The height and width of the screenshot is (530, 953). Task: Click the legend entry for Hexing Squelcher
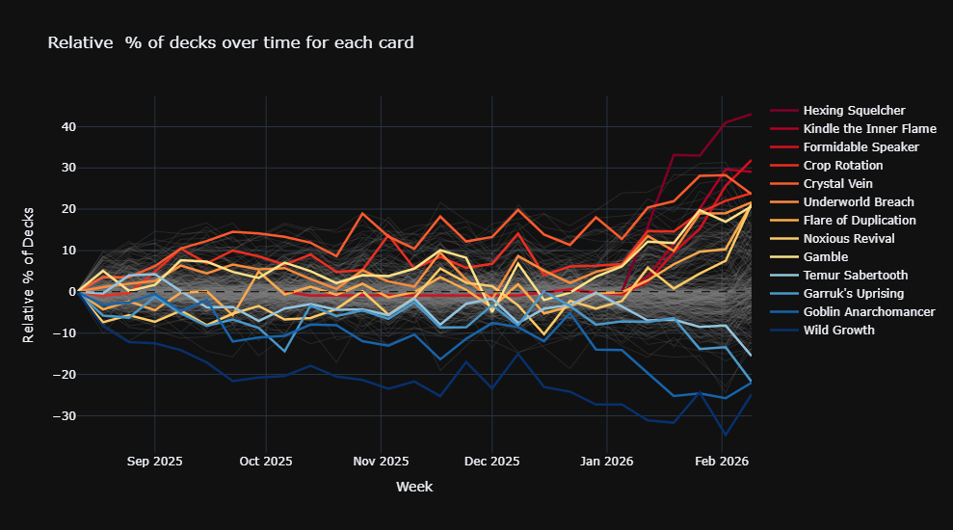pos(854,110)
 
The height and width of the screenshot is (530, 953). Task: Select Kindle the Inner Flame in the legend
pos(869,128)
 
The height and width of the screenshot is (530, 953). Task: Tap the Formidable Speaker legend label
pos(860,146)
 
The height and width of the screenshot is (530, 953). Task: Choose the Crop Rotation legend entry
pos(843,165)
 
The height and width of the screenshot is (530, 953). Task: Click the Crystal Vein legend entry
pos(839,183)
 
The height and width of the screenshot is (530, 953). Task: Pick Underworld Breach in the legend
pos(859,201)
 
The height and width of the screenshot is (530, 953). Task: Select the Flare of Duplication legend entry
pos(860,220)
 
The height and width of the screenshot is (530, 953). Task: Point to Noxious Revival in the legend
pos(849,238)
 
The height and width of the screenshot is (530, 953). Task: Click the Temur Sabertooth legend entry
pos(855,275)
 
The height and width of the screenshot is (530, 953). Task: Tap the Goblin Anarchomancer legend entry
pos(869,311)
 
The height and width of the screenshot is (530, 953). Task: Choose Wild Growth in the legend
pos(838,330)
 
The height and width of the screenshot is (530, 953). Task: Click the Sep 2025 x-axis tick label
pos(155,462)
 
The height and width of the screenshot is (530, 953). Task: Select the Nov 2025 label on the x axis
pos(382,462)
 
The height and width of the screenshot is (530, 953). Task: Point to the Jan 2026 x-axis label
pos(607,462)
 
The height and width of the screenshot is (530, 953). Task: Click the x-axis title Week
pos(414,487)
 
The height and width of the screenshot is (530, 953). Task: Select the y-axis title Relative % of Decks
pos(29,274)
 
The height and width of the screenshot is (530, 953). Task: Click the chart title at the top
pos(230,42)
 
